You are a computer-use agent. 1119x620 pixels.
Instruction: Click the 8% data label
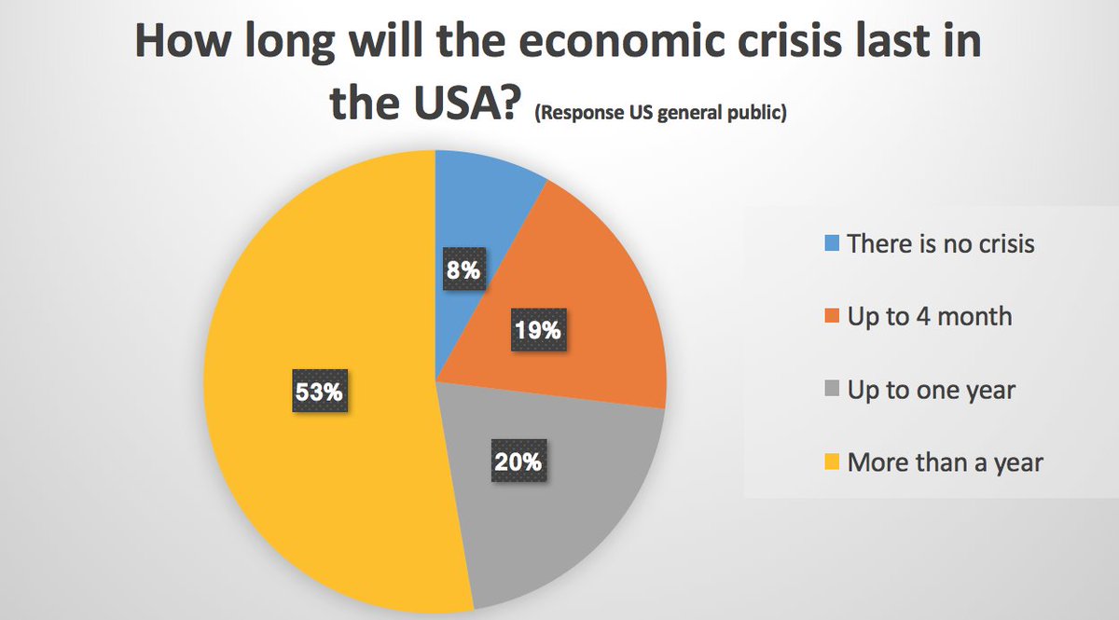[463, 271]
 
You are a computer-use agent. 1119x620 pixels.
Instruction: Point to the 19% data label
[538, 331]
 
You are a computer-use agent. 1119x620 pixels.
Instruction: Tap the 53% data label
[319, 393]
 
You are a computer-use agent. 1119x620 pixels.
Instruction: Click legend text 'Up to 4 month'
[930, 317]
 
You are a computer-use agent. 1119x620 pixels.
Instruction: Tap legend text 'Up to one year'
[932, 390]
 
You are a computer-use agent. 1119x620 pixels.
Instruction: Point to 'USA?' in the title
[458, 104]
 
